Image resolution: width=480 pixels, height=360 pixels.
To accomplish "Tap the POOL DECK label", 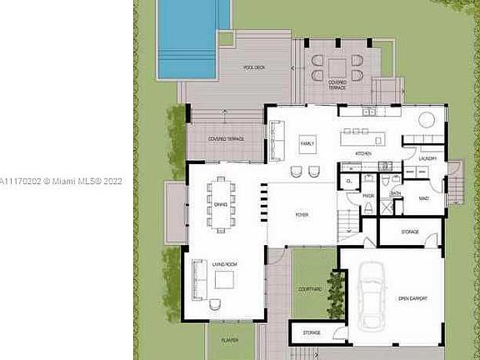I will pos(253,67).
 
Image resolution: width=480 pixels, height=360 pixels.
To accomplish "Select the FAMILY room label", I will pos(307,143).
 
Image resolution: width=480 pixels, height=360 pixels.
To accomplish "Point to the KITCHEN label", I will pos(363,154).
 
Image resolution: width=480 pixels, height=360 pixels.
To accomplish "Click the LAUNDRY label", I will pos(428,157).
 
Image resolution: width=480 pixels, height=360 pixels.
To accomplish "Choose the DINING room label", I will pos(221,204).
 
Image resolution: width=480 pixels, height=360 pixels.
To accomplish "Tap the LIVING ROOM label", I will pos(224,264).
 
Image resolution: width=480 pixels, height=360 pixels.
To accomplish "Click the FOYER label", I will pos(302,215).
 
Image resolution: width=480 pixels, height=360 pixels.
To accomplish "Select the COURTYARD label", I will pos(310,289).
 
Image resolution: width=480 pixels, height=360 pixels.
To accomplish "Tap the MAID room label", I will pos(423,198).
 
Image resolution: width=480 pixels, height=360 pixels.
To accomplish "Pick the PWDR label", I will pos(368,197).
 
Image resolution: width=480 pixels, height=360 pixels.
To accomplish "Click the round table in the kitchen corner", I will pos(426,119).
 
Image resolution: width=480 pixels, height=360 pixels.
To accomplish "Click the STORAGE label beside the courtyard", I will pos(312,332).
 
